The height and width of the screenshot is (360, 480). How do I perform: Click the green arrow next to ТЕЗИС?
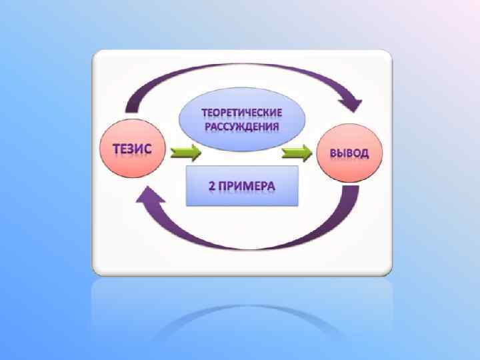tap(185, 154)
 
